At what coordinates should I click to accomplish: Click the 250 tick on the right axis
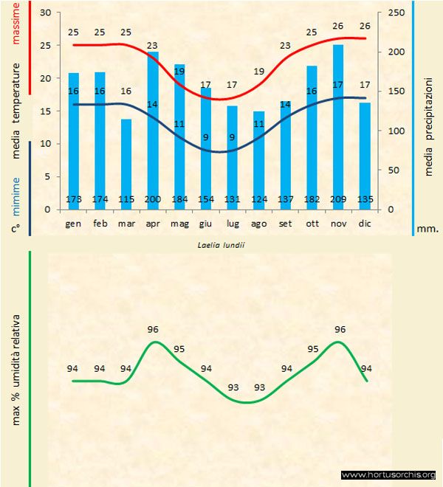point(396,13)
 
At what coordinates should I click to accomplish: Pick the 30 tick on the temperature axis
point(46,13)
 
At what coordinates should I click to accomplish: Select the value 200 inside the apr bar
point(153,199)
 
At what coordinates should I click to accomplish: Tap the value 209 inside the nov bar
point(338,199)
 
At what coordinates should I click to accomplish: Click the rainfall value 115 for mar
point(126,199)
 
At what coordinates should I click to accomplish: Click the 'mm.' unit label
point(427,229)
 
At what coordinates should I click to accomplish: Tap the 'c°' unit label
point(15,229)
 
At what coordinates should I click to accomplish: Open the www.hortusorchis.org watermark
point(388,475)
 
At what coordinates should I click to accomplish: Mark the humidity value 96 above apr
point(154,330)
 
